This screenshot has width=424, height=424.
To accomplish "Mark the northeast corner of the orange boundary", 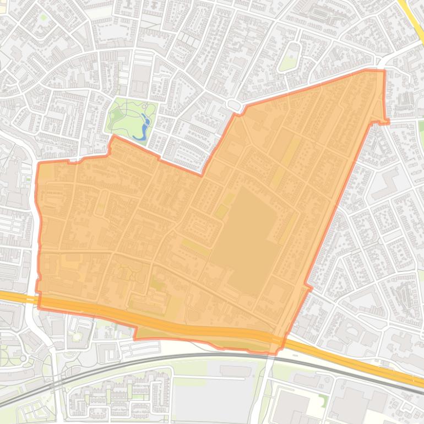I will (x=384, y=71).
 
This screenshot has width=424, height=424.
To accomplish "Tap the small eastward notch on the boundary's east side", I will (x=385, y=121).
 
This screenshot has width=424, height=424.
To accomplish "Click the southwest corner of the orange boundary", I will (x=39, y=307).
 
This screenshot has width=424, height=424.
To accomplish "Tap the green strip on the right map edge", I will (x=421, y=129).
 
